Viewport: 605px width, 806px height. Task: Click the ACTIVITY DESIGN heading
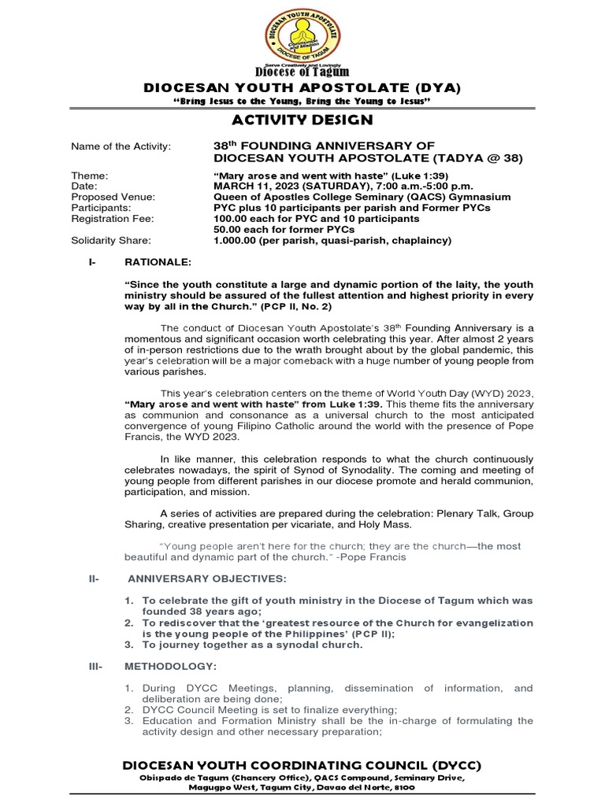click(302, 120)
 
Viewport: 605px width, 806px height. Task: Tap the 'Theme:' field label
click(89, 176)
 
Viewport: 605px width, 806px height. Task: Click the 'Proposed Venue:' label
click(113, 196)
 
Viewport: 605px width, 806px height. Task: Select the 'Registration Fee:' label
click(114, 218)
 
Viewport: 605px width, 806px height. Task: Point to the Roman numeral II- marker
click(93, 579)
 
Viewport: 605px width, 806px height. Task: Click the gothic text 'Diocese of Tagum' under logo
click(302, 72)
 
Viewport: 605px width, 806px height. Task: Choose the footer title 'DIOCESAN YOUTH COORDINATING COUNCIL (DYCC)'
click(302, 765)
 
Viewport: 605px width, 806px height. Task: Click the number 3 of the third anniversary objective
click(129, 645)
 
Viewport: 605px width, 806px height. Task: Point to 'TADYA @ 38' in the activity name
click(484, 157)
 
